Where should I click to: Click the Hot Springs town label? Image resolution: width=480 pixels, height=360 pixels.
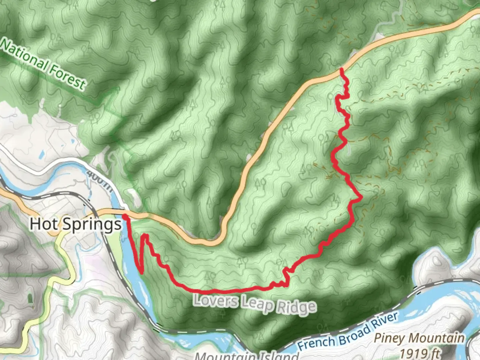point(76,224)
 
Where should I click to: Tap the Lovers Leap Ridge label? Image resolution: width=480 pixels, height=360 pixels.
point(255,304)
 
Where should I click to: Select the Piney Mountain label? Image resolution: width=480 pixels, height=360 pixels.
point(419,338)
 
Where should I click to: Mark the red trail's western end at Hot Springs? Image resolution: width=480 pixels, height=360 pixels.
point(124,217)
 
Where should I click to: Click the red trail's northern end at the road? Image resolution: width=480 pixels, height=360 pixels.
point(341,69)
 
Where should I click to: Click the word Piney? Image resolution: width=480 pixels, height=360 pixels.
point(390,338)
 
